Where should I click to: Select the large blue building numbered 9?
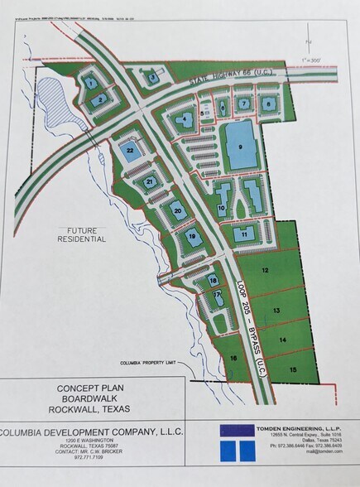[241, 147]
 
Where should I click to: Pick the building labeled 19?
[192, 238]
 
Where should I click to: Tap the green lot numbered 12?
[266, 270]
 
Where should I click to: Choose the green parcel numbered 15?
[293, 368]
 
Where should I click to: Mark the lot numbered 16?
[234, 358]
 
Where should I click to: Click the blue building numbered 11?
[244, 234]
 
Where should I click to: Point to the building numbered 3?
[153, 78]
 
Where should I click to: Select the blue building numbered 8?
[270, 104]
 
